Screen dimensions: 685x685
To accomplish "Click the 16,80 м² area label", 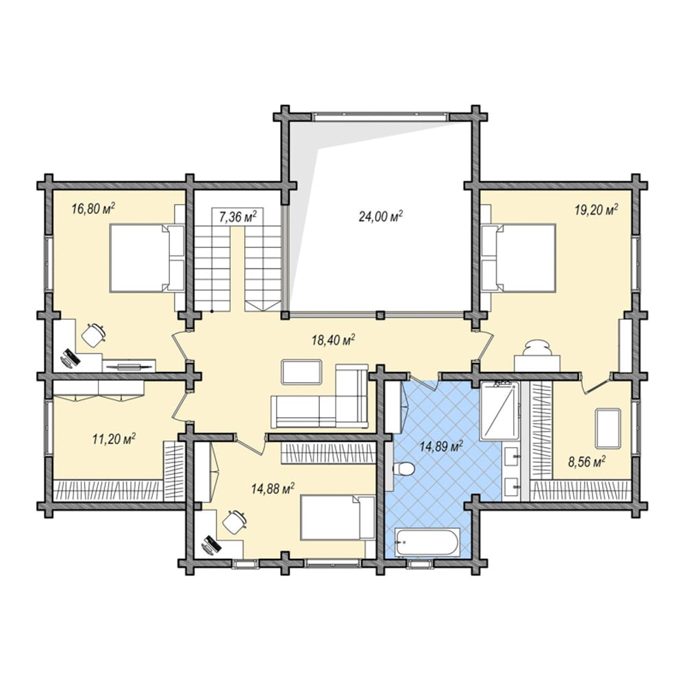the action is [93, 208].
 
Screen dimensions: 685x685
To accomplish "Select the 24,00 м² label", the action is [380, 216].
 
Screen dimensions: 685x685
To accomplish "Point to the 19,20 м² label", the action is [596, 210].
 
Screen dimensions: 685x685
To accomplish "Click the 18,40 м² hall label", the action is [333, 340].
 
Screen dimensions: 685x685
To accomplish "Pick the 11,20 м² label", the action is [114, 438].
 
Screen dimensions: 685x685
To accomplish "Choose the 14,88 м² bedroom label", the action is [273, 488].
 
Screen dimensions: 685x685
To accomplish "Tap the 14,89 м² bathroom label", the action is [441, 447].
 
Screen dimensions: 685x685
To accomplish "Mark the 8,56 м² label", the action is [586, 461].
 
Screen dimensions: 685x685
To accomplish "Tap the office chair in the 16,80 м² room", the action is [93, 335].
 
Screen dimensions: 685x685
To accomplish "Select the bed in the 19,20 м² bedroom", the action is [519, 258].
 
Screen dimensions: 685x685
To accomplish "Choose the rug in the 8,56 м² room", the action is [608, 428].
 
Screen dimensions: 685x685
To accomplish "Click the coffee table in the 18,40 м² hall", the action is [302, 372].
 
